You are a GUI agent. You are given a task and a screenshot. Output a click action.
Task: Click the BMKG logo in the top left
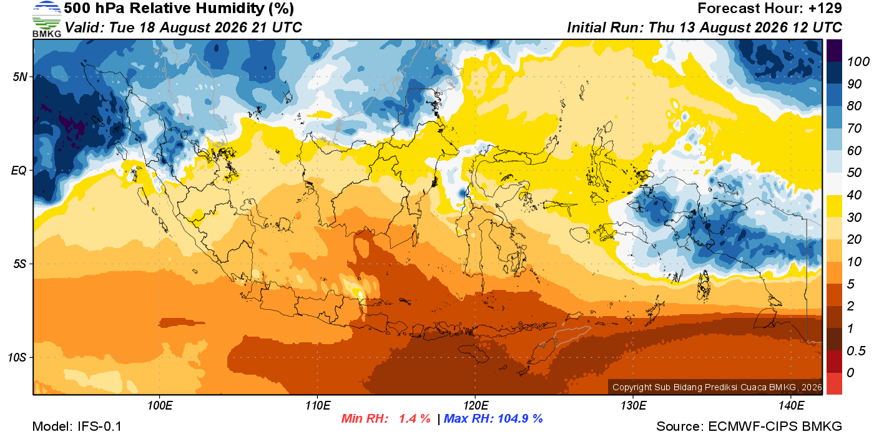[x=47, y=19]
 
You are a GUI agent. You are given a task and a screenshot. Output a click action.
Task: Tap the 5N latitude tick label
[x=20, y=77]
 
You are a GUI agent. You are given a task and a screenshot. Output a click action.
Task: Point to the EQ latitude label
[x=19, y=170]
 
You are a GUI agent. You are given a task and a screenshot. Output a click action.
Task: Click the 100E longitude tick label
[x=160, y=406]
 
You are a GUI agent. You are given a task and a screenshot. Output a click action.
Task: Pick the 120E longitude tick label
[x=475, y=406]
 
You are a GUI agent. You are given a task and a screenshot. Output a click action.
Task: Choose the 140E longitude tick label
[x=791, y=406]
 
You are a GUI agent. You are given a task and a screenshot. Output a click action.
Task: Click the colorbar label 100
[x=858, y=62]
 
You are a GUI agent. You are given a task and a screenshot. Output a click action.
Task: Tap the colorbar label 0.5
[x=856, y=351]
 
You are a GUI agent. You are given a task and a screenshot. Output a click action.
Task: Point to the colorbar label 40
[x=854, y=195]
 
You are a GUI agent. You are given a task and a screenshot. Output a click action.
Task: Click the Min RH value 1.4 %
[x=415, y=418]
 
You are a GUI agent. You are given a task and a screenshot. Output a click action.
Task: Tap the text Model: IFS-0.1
[x=77, y=426]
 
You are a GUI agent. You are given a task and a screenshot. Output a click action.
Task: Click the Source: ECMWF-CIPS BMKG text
[x=749, y=426]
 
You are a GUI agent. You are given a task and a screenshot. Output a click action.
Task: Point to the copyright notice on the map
[x=717, y=387]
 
